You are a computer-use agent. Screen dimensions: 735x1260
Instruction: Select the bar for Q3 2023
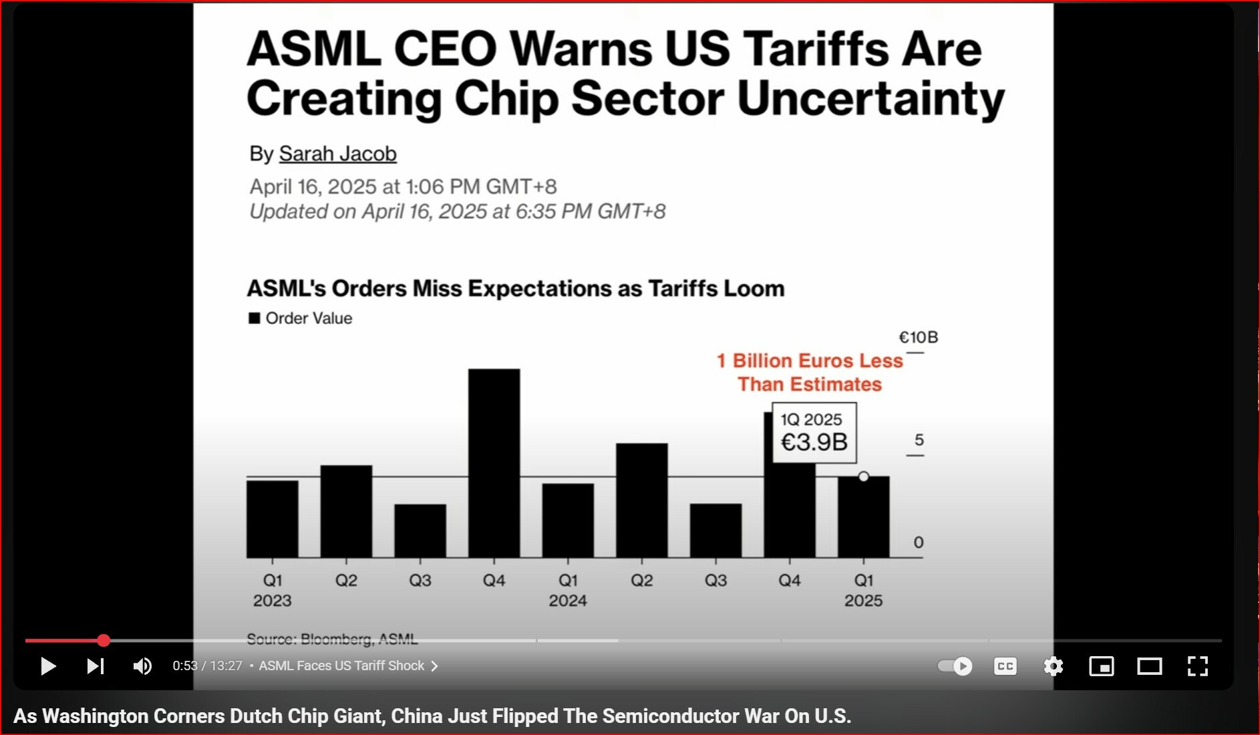coord(420,531)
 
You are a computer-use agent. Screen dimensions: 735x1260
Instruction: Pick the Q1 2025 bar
coord(863,518)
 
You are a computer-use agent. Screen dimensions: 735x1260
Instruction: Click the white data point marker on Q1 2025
coord(864,476)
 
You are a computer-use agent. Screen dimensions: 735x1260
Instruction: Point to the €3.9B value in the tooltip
coord(814,442)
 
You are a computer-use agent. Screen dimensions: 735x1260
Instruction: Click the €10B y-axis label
coord(918,337)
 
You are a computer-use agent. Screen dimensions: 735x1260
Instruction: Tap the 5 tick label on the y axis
coord(919,440)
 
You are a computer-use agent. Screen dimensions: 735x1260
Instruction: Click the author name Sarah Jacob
coord(337,154)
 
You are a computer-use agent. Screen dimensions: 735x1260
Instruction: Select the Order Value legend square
coord(254,318)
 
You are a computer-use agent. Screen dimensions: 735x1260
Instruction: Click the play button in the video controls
coord(47,666)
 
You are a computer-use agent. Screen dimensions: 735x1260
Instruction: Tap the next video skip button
coord(95,666)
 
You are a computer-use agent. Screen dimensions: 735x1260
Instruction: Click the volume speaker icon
coord(142,666)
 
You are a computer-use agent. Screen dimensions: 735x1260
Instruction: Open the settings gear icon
coord(1053,666)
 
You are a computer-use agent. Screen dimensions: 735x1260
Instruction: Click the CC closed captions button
coord(1005,666)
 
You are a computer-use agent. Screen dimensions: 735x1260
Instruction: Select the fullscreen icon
coord(1197,666)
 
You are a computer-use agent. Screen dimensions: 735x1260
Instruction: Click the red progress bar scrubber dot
coord(104,641)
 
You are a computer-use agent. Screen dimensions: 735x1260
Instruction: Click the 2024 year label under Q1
coord(568,601)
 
